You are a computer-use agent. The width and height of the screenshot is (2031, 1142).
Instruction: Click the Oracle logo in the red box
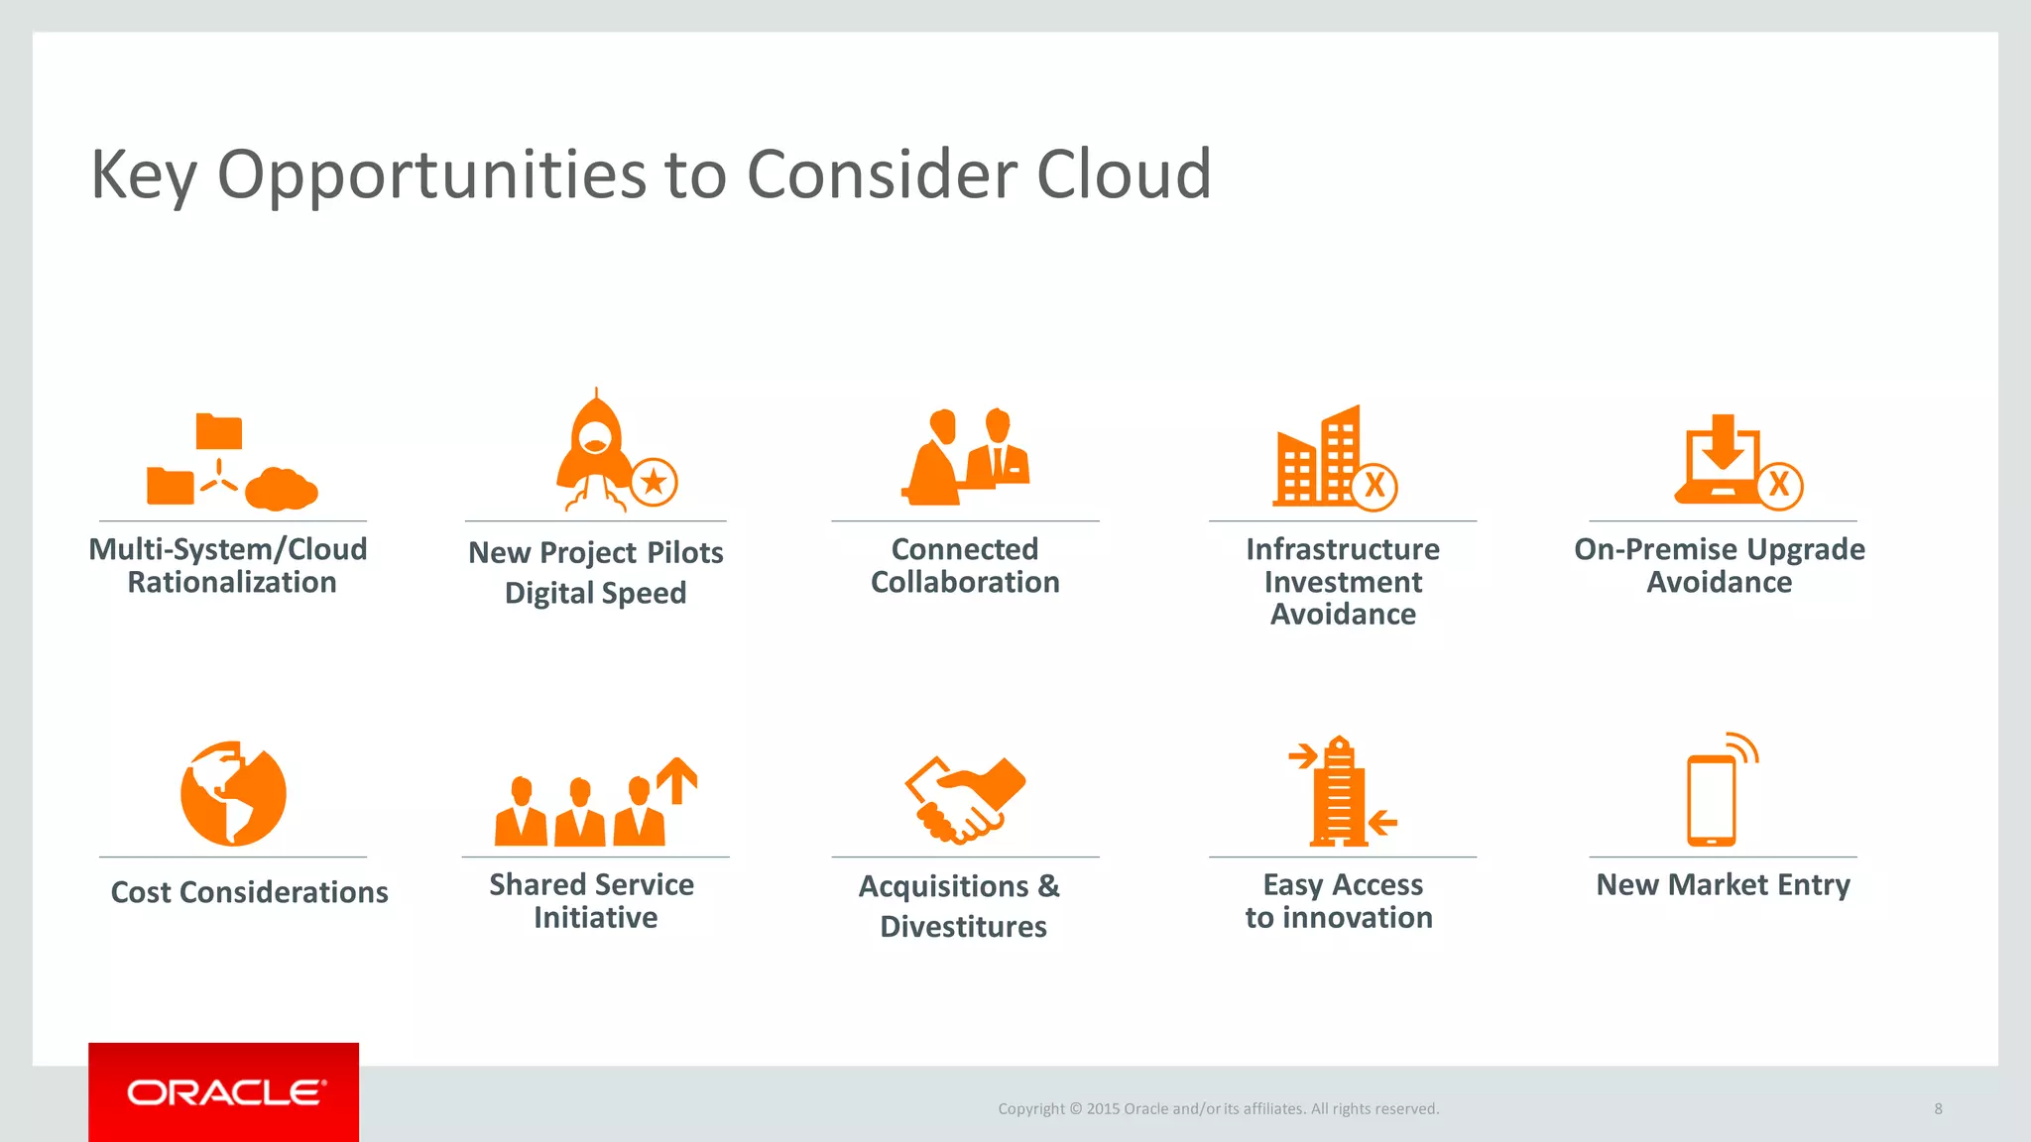(x=224, y=1092)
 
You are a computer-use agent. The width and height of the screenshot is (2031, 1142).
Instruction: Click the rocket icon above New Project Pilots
(x=594, y=446)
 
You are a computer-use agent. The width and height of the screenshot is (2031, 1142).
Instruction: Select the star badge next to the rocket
(x=654, y=483)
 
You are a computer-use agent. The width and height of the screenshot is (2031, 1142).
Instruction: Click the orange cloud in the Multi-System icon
(x=281, y=489)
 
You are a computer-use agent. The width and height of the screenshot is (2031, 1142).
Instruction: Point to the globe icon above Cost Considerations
(x=233, y=793)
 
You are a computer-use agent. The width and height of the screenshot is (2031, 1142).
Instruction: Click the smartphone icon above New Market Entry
(x=1712, y=799)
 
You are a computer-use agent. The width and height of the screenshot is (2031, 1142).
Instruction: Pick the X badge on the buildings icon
(x=1374, y=486)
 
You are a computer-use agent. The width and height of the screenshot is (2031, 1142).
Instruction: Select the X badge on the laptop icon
(x=1779, y=485)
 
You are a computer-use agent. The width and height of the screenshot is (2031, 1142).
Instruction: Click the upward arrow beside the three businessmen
(x=677, y=779)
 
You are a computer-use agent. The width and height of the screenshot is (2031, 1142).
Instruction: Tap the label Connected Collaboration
(x=965, y=565)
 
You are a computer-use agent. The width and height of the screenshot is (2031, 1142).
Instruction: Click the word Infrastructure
(x=1343, y=549)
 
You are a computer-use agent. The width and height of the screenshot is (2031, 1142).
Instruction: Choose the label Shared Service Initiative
(x=593, y=900)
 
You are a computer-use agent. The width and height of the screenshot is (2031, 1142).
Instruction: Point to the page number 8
(x=1938, y=1108)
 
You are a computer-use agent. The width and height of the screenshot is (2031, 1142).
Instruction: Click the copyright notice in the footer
(x=1218, y=1108)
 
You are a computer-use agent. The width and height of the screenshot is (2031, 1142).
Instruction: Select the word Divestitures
(x=963, y=927)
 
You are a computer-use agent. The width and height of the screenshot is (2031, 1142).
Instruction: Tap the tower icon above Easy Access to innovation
(x=1339, y=793)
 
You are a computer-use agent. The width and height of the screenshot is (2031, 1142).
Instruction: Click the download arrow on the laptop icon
(x=1723, y=443)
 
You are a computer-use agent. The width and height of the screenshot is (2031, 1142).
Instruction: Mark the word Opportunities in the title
(x=432, y=174)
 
